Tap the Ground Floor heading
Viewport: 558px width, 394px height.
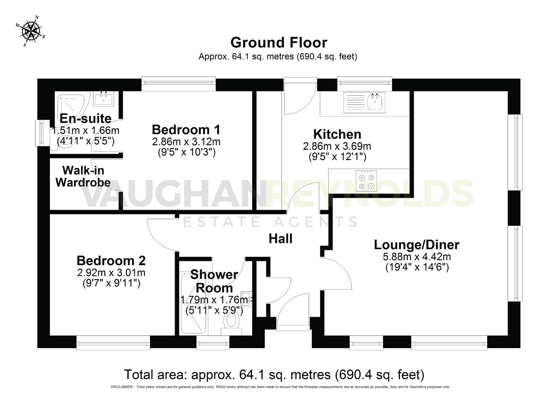[x=279, y=43]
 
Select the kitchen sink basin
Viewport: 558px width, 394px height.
[x=376, y=102]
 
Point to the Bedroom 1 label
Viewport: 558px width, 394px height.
[x=186, y=130]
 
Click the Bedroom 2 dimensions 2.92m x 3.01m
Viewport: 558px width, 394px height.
[x=111, y=273]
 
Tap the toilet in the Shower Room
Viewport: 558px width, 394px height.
[x=231, y=321]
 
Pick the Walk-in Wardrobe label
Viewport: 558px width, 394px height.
[x=83, y=176]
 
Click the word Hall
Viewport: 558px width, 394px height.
[x=280, y=239]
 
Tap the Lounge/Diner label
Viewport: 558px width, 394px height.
[x=417, y=244]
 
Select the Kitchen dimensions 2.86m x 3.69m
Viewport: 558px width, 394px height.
[x=337, y=146]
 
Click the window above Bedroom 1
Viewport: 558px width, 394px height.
[x=178, y=84]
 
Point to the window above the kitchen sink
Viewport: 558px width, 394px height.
[x=365, y=84]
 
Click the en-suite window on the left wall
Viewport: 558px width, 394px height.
[x=40, y=133]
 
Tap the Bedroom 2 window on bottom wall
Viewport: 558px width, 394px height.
[x=113, y=343]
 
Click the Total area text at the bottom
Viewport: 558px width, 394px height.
[x=274, y=375]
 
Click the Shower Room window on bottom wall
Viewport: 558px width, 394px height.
[x=213, y=343]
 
